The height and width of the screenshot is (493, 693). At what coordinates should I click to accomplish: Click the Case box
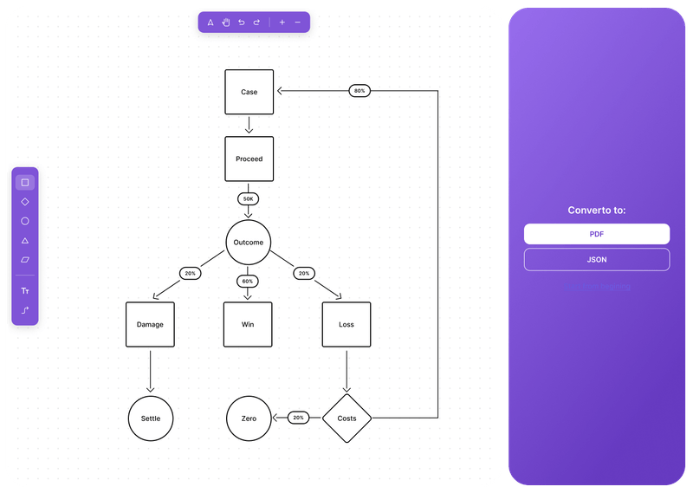249,92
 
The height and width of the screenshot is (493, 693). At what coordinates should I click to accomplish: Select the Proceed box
249,159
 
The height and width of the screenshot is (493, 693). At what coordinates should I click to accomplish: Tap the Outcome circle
249,242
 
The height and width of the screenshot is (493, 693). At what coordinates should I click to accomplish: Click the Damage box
150,325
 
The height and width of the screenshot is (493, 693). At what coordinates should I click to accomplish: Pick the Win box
248,325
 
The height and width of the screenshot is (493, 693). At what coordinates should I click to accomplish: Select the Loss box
346,325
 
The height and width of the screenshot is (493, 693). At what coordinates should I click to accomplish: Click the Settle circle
151,418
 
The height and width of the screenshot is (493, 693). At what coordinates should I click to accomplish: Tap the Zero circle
249,418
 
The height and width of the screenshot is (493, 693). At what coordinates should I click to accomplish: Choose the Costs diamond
346,418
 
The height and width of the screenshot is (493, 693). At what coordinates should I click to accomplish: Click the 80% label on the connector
359,91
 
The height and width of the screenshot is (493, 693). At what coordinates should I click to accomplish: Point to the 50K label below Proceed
249,198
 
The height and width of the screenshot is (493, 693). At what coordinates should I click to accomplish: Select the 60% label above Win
248,281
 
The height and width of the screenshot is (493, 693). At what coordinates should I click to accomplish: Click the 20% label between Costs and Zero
298,418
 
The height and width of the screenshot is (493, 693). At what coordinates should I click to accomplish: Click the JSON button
596,259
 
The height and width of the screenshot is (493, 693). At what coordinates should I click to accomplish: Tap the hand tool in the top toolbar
225,23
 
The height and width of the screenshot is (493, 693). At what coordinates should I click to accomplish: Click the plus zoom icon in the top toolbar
282,23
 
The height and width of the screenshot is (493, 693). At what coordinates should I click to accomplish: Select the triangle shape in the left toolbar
25,240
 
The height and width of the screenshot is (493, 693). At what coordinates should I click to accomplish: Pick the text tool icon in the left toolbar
25,291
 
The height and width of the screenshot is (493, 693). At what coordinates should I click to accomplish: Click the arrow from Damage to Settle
151,371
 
